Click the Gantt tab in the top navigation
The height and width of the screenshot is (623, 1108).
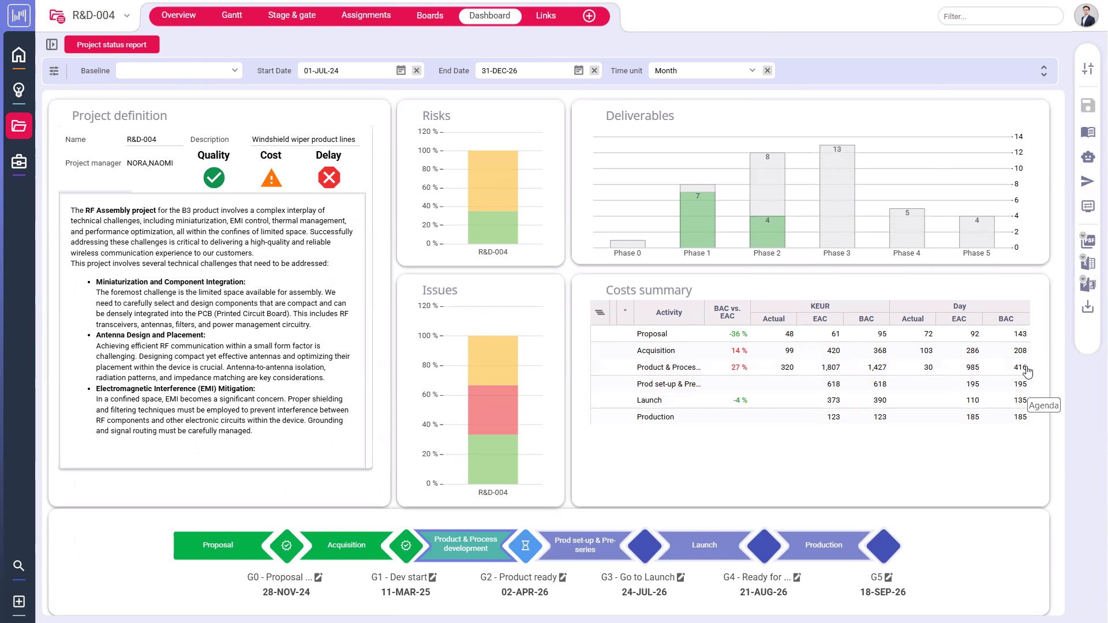point(231,16)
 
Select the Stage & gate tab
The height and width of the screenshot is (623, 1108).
point(291,16)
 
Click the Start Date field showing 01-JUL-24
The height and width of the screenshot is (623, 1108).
point(346,70)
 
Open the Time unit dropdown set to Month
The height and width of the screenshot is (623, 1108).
point(704,70)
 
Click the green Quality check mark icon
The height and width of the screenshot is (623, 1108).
point(214,178)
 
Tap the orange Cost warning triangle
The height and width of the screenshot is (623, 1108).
point(271,178)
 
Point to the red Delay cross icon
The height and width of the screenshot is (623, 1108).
point(329,178)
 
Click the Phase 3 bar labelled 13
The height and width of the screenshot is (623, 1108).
point(837,196)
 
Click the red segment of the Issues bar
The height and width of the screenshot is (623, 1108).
point(493,410)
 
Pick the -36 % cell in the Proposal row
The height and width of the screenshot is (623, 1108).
point(738,334)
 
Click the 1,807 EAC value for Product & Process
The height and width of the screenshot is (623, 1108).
point(830,367)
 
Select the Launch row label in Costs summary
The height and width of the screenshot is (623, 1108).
point(649,400)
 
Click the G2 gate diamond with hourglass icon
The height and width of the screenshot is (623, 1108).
point(525,545)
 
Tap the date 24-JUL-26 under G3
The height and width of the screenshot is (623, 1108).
point(644,592)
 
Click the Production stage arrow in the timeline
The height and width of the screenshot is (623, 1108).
point(823,545)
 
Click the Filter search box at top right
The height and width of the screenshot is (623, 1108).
point(1000,16)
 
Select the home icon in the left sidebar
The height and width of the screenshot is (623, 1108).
point(18,55)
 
